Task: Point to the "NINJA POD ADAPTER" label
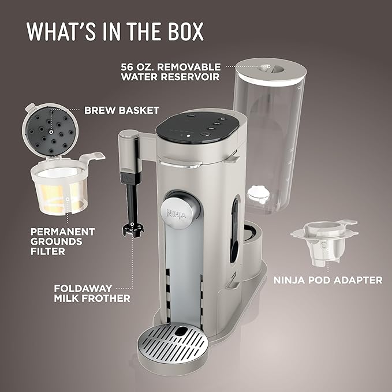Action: tap(327, 280)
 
